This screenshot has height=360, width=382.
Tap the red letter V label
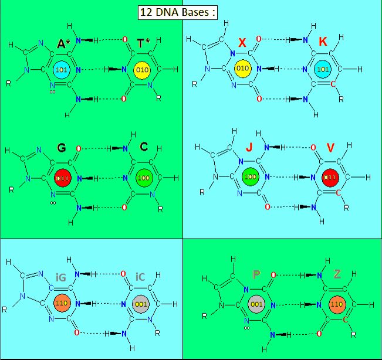pyautogui.click(x=330, y=148)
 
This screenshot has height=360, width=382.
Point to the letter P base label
pyautogui.click(x=256, y=274)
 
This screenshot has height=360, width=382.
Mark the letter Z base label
pyautogui.click(x=337, y=274)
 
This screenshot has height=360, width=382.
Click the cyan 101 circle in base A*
pyautogui.click(x=60, y=70)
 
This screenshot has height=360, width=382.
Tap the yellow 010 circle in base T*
pyautogui.click(x=142, y=70)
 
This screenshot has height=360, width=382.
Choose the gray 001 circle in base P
pyautogui.click(x=256, y=304)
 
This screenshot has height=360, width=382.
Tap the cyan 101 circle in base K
pyautogui.click(x=322, y=69)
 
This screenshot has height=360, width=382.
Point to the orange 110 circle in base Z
pyautogui.click(x=337, y=304)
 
